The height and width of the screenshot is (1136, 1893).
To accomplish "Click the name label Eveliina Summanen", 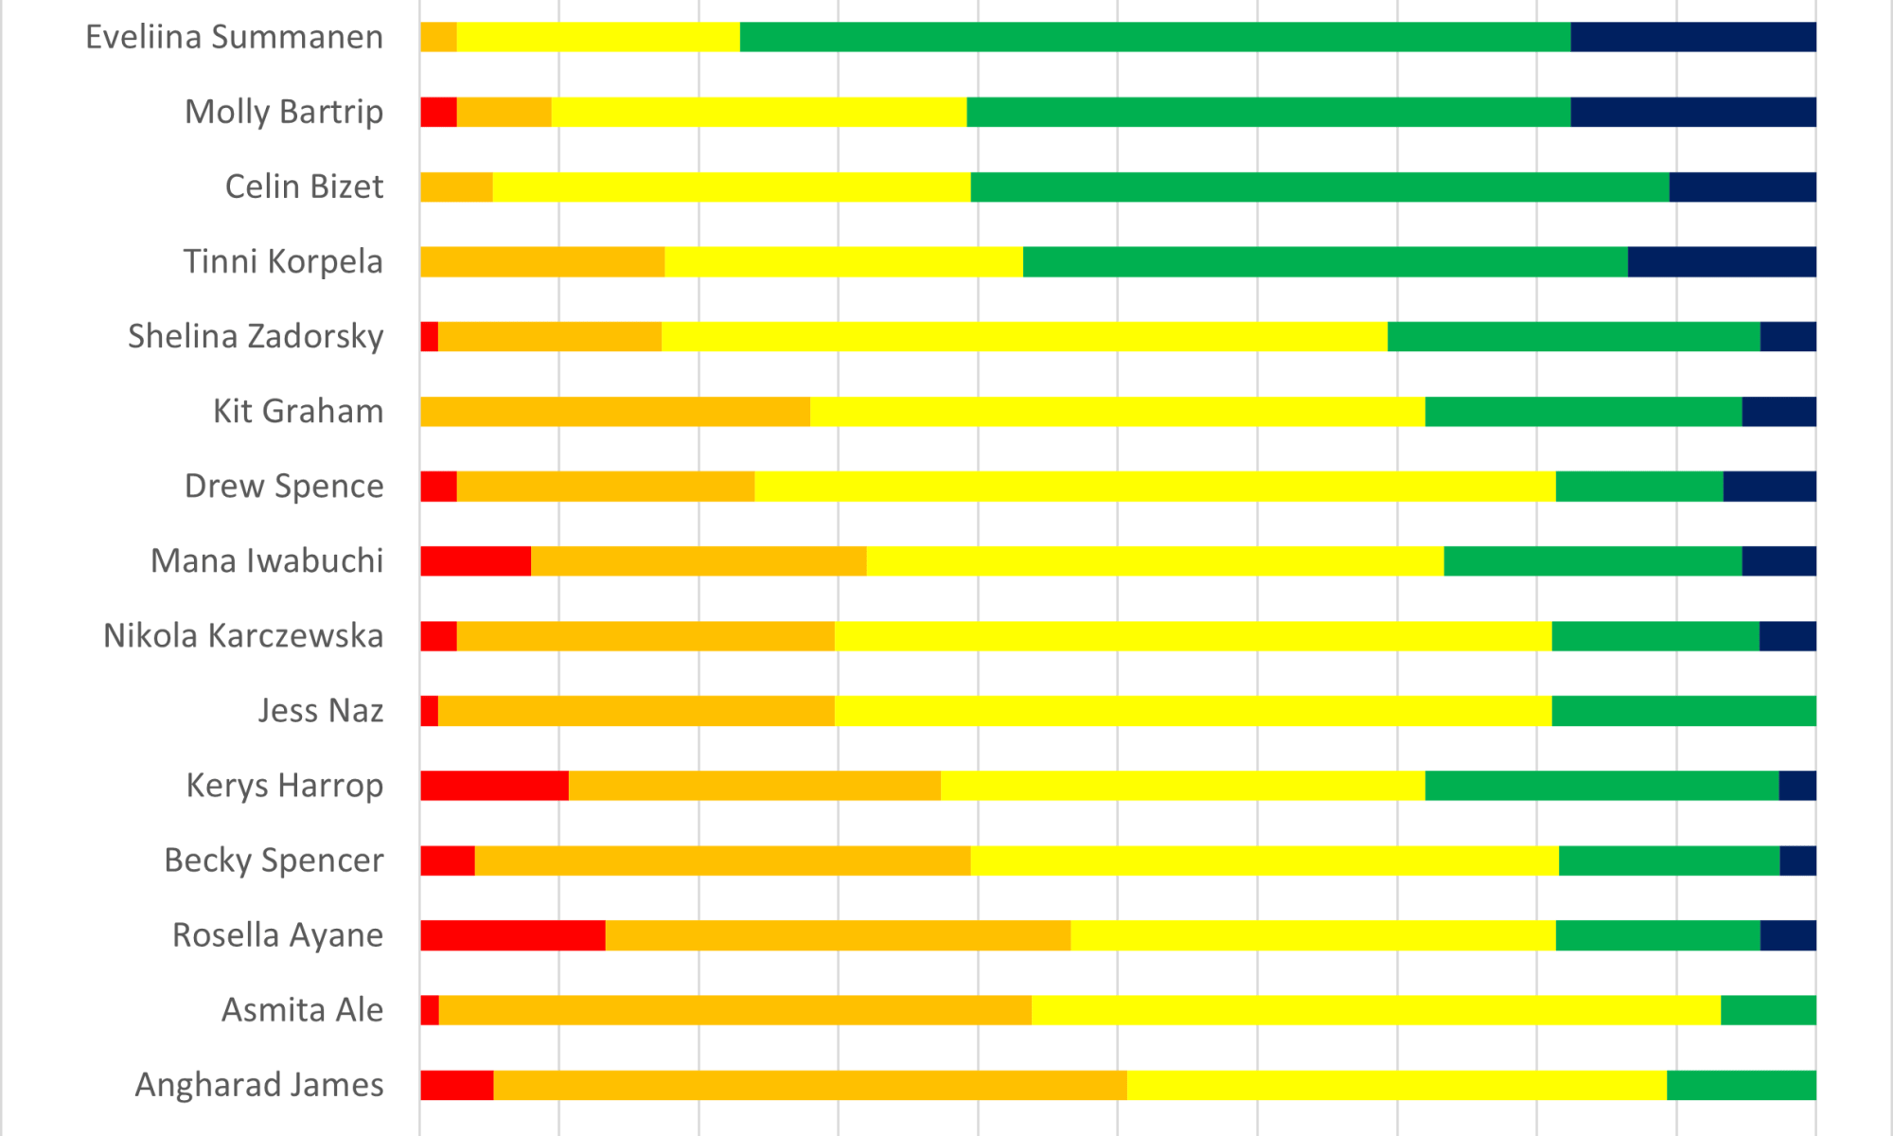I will (234, 37).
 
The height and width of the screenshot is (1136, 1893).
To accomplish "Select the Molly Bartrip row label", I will (284, 112).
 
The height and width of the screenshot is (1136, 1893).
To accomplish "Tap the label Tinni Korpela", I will (283, 261).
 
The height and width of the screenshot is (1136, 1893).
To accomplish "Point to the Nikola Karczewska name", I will (243, 635).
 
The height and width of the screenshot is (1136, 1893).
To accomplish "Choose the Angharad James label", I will (259, 1084).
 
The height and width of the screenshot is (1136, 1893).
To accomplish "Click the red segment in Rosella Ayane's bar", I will (512, 935).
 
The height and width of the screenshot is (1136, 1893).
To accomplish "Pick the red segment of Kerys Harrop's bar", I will (494, 786).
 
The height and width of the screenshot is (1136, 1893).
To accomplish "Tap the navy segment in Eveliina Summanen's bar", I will (1692, 37).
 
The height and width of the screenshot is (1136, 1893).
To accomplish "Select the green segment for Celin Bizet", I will (1319, 186).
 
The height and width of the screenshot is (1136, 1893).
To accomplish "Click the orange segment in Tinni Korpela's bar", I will (542, 261).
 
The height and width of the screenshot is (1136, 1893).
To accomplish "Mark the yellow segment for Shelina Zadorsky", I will (1024, 336).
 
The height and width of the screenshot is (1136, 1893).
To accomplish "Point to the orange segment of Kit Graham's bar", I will (615, 411).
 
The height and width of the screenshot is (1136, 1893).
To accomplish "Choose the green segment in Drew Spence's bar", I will (1639, 486).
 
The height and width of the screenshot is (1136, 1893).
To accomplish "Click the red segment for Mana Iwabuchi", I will (475, 560).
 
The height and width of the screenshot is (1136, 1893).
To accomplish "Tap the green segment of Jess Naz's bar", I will (1683, 710).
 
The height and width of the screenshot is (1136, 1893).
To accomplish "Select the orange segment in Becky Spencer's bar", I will (722, 861).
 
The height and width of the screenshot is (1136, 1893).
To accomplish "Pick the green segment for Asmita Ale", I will (1767, 1010).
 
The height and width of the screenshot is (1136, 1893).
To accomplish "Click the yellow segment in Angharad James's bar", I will (1396, 1085).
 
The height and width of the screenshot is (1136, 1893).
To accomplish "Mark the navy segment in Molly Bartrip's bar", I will (1692, 112).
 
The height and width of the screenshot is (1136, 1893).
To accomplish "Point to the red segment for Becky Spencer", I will (447, 861).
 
